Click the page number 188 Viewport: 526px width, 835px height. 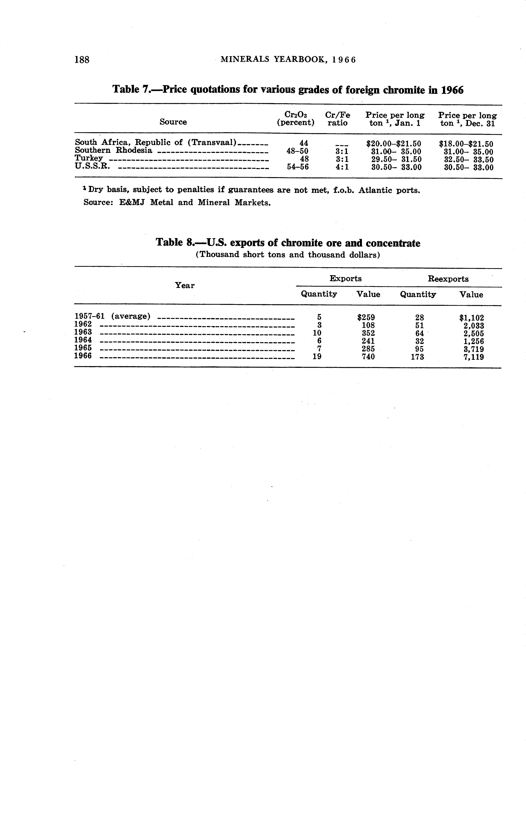tap(82, 60)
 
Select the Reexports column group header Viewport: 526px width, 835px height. tap(448, 279)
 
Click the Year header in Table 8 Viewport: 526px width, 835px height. tap(185, 285)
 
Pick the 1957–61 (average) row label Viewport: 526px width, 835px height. tap(112, 316)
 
